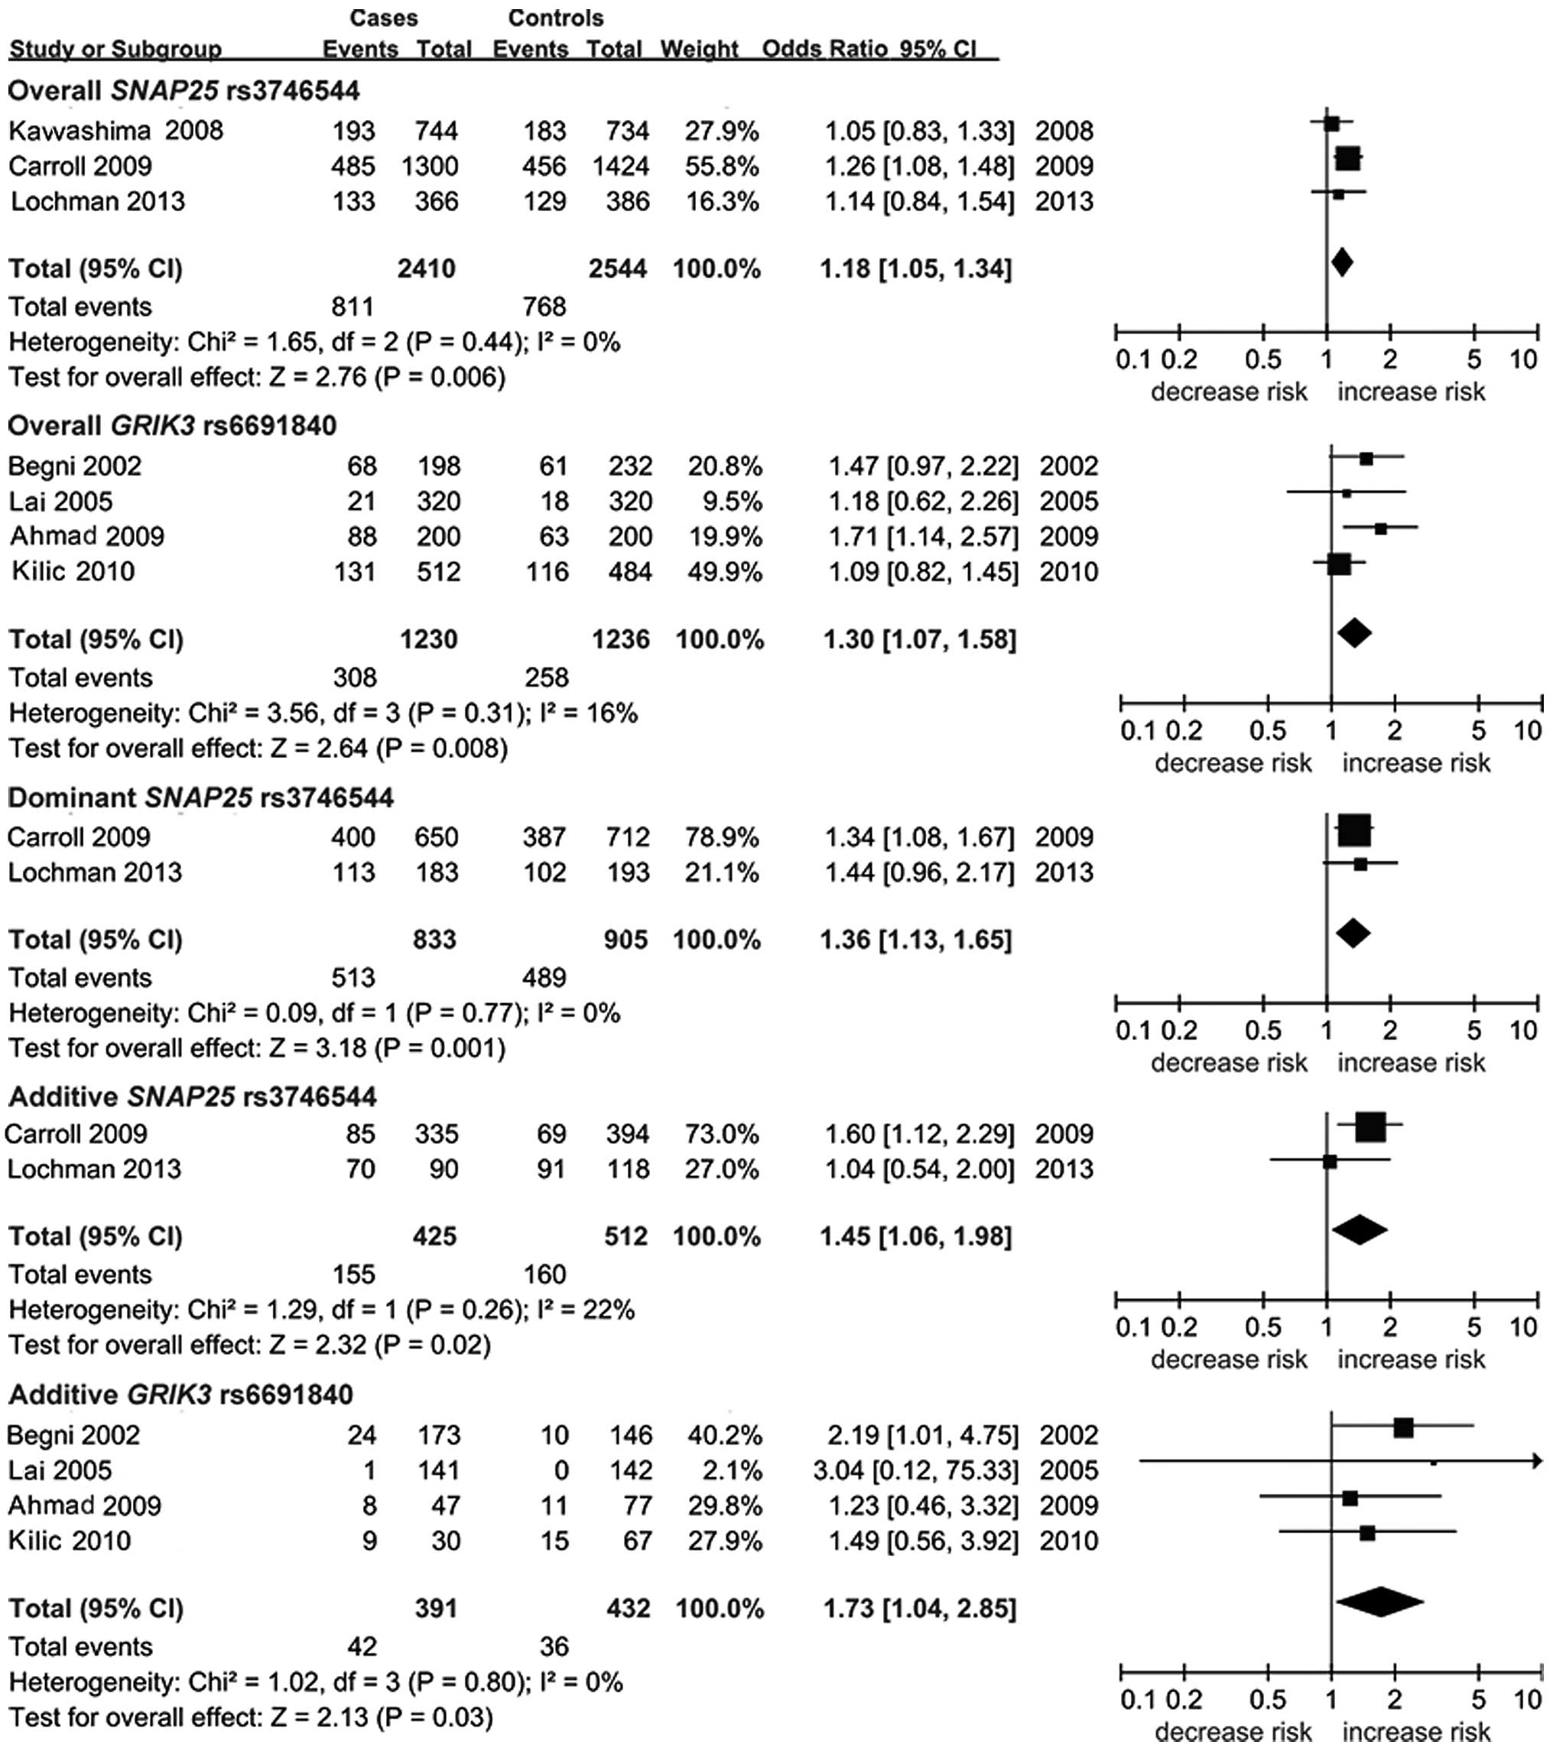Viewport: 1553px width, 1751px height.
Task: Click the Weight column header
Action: pyautogui.click(x=699, y=50)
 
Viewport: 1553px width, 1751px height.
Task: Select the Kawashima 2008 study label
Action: pyautogui.click(x=115, y=131)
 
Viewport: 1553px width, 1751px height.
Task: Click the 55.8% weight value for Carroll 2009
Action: pyautogui.click(x=721, y=166)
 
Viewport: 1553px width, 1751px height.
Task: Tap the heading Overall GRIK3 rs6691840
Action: pyautogui.click(x=172, y=426)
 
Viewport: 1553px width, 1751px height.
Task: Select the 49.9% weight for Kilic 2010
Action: pyautogui.click(x=725, y=571)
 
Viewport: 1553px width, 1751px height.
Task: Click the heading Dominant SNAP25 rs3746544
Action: pyautogui.click(x=200, y=798)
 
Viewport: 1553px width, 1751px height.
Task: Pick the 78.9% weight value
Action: pyautogui.click(x=721, y=837)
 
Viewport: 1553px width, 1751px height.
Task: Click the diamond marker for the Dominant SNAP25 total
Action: pyautogui.click(x=1353, y=933)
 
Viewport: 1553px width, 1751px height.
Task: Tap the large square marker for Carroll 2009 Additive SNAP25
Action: pyautogui.click(x=1370, y=1127)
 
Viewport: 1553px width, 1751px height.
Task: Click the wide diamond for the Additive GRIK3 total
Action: pyautogui.click(x=1379, y=1603)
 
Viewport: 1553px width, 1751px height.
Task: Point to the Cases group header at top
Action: pyautogui.click(x=384, y=18)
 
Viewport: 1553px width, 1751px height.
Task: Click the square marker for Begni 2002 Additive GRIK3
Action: pyautogui.click(x=1403, y=1428)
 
